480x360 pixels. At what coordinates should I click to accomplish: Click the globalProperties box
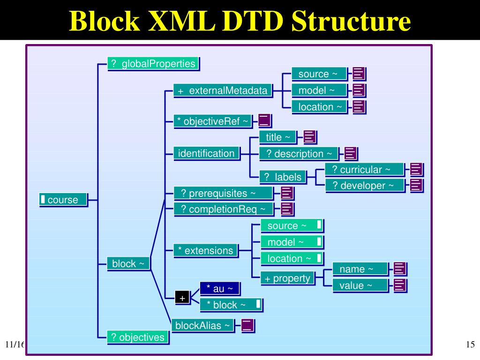tap(153, 64)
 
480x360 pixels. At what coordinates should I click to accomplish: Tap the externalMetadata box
tap(223, 90)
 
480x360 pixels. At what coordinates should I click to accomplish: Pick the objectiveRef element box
tap(213, 121)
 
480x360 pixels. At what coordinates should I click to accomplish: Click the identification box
tap(206, 153)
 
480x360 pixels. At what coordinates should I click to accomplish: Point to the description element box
tap(298, 154)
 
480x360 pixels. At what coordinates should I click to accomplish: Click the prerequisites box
tap(223, 193)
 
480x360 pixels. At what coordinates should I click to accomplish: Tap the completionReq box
tap(223, 209)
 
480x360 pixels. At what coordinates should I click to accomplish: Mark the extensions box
tap(205, 251)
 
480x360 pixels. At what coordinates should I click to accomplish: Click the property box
tap(287, 278)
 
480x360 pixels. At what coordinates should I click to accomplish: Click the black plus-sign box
tap(182, 298)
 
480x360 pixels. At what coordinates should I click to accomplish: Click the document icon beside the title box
tap(310, 137)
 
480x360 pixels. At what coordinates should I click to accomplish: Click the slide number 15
tap(471, 345)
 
